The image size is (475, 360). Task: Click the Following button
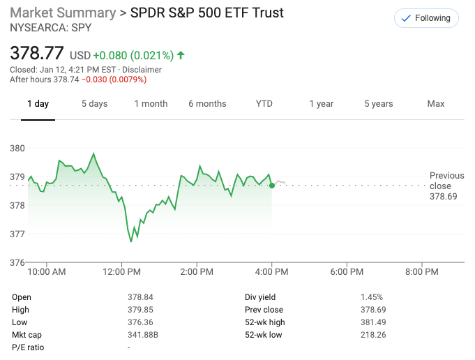425,18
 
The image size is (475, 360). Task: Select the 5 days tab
94,104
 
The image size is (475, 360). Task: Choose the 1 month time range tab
151,104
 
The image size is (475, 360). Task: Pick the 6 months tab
207,104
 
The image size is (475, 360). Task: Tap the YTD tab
264,104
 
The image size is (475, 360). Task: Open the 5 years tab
378,104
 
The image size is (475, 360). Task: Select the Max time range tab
435,104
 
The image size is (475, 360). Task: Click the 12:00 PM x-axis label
122,271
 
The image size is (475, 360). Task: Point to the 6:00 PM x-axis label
347,271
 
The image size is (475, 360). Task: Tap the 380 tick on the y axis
17,148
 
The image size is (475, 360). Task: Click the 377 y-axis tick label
17,234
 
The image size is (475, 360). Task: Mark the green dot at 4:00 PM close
271,185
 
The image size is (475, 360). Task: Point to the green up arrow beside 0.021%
181,55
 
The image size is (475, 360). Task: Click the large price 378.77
37,53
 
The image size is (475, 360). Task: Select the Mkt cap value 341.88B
144,334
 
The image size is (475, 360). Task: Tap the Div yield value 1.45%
372,297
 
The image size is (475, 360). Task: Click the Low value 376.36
140,322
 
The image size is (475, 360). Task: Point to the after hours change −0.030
95,80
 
